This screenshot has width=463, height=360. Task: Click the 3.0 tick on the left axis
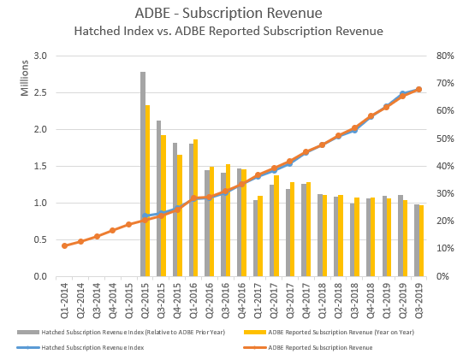(39, 56)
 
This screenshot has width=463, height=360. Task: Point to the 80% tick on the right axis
(442, 56)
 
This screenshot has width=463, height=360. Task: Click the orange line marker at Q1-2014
(64, 245)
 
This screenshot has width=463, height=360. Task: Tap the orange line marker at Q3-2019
(419, 89)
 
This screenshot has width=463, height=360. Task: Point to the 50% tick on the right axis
(442, 139)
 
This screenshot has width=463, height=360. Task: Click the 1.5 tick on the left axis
(39, 167)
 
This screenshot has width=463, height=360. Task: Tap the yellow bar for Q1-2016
(196, 208)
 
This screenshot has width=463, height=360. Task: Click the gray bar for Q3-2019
(416, 240)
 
